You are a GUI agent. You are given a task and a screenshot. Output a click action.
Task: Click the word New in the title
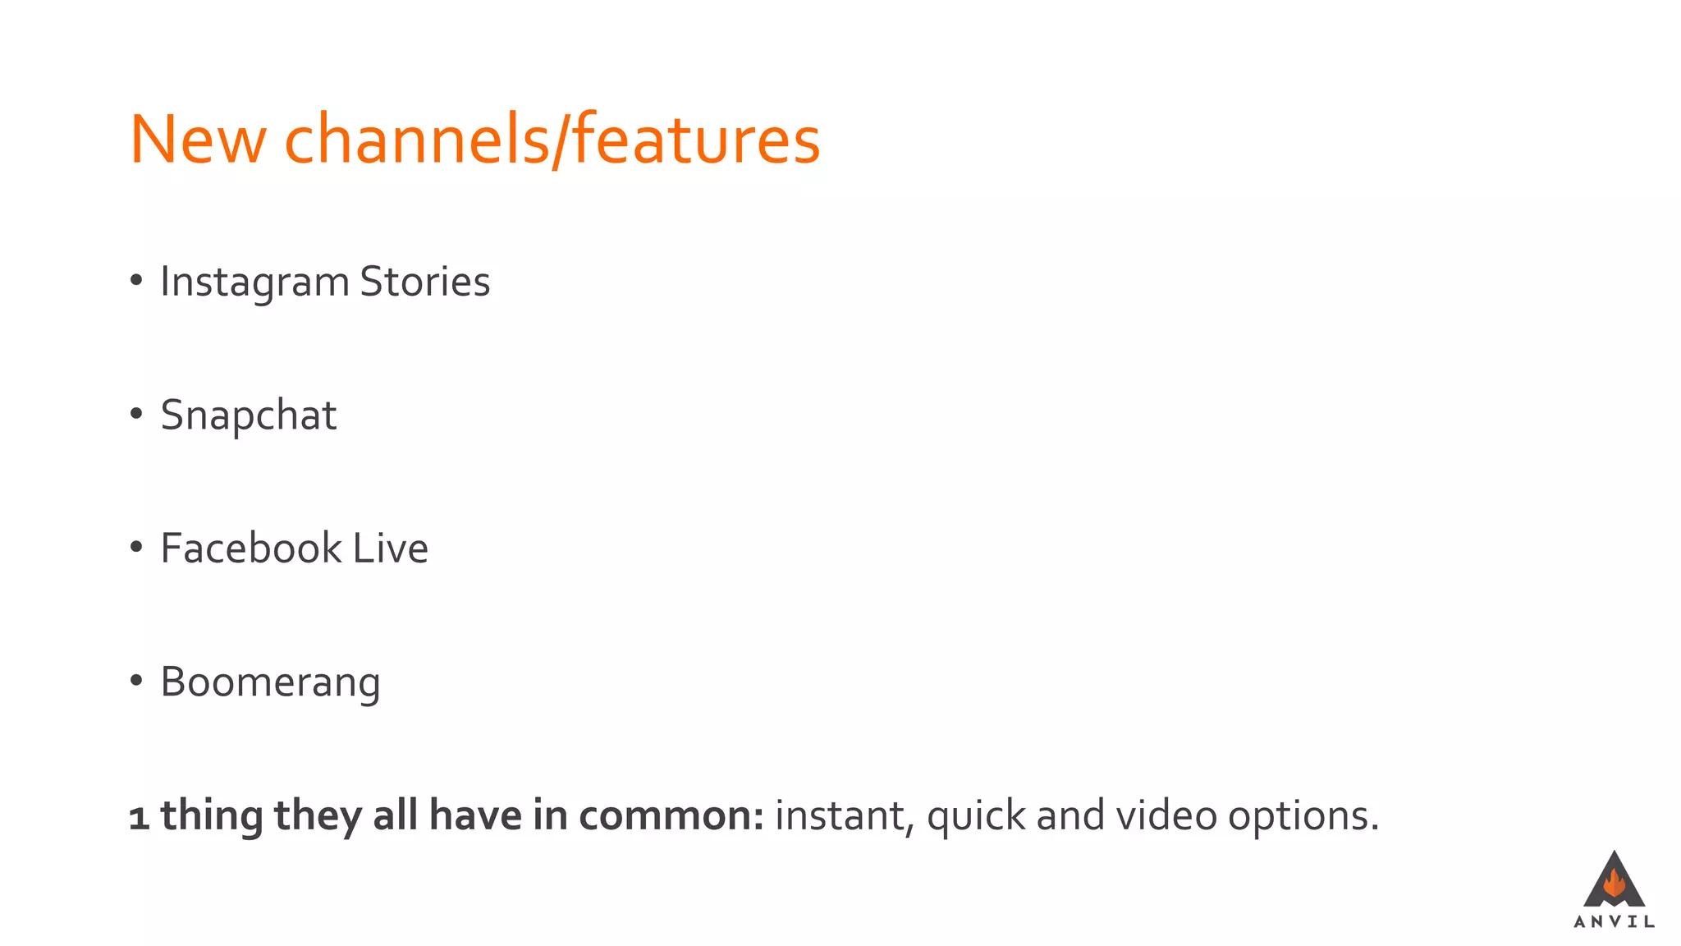click(198, 140)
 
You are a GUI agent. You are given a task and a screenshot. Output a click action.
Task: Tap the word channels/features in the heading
click(552, 140)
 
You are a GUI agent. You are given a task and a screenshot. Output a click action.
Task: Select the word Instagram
click(255, 282)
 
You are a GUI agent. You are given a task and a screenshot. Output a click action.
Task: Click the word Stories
click(424, 282)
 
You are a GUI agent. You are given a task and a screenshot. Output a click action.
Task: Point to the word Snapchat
click(248, 415)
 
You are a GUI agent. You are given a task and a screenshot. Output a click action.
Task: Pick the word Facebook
click(250, 548)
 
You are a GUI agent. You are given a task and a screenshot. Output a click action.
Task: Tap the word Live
click(390, 548)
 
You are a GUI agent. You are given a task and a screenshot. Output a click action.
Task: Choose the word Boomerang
click(270, 682)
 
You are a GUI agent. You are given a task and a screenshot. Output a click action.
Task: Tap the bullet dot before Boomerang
click(136, 681)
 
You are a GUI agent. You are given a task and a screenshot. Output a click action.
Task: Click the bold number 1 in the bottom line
click(139, 817)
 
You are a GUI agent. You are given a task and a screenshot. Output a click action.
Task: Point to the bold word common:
click(671, 815)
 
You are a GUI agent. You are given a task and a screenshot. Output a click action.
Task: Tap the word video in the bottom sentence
click(1166, 815)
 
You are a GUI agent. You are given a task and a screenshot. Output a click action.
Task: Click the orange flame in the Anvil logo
click(1614, 884)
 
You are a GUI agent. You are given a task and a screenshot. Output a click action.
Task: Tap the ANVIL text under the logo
click(1614, 922)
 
